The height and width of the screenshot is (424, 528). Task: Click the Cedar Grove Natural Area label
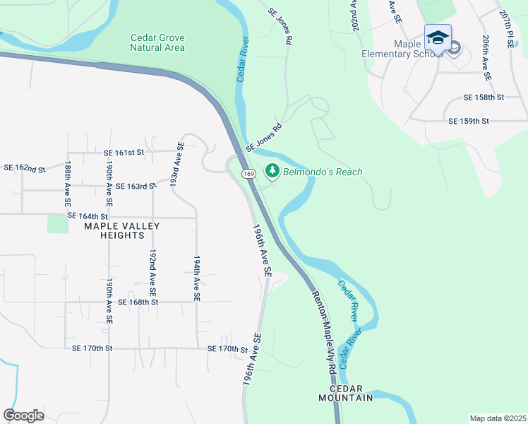click(157, 42)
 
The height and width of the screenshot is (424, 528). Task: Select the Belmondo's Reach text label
click(323, 172)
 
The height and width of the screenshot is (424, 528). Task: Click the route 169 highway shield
click(248, 174)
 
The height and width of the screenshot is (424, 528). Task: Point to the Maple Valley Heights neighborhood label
click(122, 230)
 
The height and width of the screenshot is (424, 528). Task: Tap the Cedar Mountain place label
click(351, 394)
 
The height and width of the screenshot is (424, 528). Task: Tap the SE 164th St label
click(88, 216)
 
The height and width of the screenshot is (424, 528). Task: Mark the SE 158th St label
click(484, 97)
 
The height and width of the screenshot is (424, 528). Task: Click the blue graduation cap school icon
click(438, 37)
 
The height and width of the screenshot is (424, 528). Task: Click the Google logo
click(24, 415)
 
